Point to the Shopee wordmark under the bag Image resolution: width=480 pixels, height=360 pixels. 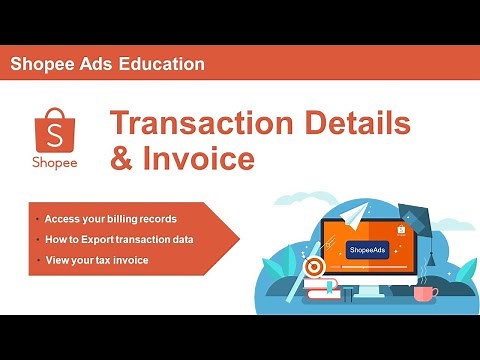[x=52, y=162]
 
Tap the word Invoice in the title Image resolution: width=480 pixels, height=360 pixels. [x=197, y=158]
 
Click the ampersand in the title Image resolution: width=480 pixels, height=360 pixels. [x=122, y=158]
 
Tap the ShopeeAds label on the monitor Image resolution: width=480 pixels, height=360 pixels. [x=369, y=249]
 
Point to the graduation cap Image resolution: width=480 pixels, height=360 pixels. [x=413, y=215]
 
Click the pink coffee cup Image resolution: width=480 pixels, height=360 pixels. [x=424, y=294]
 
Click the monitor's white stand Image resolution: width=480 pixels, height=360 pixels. [x=369, y=292]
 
